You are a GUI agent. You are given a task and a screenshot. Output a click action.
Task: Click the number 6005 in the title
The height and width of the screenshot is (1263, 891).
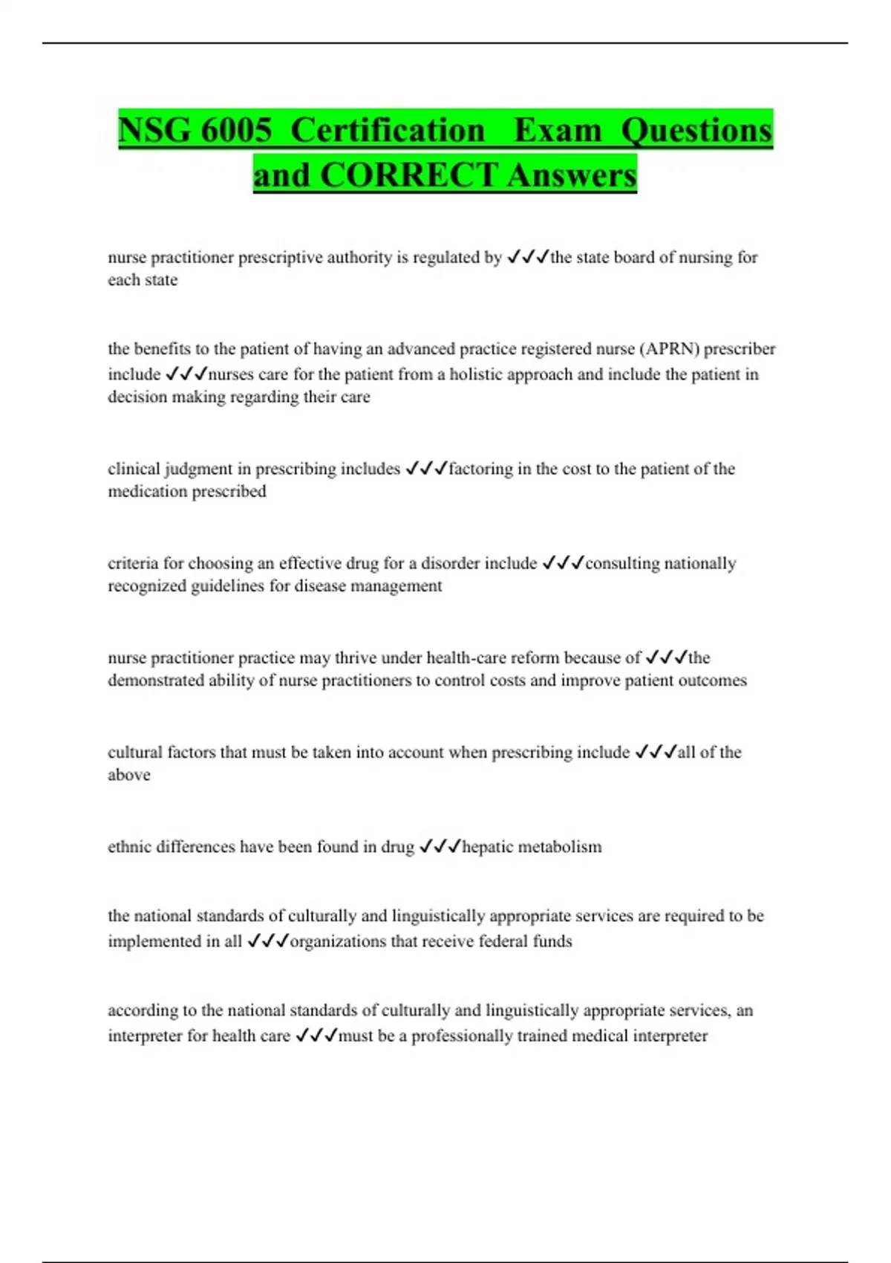point(236,131)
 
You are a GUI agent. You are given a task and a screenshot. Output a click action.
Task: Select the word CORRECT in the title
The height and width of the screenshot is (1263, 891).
point(408,175)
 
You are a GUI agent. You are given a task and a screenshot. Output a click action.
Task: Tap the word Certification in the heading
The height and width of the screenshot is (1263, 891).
point(388,131)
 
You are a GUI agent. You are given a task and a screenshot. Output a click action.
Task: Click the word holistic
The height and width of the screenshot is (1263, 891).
point(481,374)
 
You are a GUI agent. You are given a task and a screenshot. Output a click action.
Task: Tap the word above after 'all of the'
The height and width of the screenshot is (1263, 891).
point(129,775)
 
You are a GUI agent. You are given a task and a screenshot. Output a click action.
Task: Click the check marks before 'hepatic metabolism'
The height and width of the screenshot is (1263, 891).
point(440,846)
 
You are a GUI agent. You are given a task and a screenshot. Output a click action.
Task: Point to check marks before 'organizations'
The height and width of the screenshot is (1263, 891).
point(267,941)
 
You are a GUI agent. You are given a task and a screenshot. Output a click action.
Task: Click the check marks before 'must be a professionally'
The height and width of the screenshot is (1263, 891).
point(316,1035)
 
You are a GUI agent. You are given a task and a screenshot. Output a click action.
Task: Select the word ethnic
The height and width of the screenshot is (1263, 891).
point(130,846)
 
